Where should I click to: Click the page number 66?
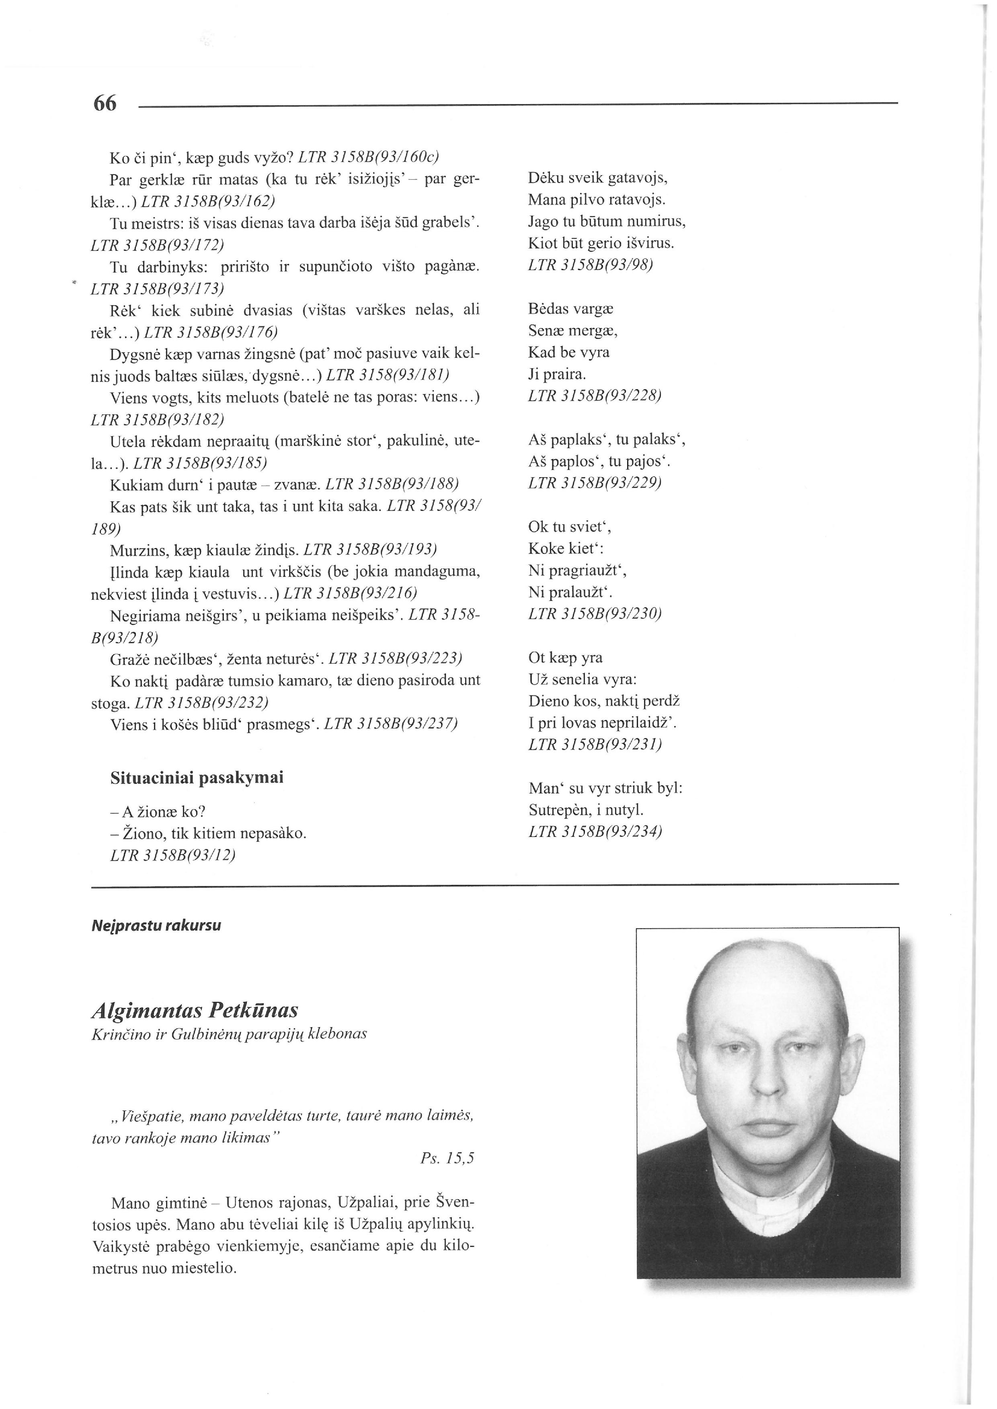(x=105, y=103)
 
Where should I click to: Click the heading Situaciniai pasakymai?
(x=197, y=778)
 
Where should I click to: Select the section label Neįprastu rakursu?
(x=156, y=925)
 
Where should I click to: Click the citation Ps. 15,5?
(x=447, y=1158)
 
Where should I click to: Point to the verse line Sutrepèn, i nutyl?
(x=586, y=810)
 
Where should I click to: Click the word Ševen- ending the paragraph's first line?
(x=455, y=1203)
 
